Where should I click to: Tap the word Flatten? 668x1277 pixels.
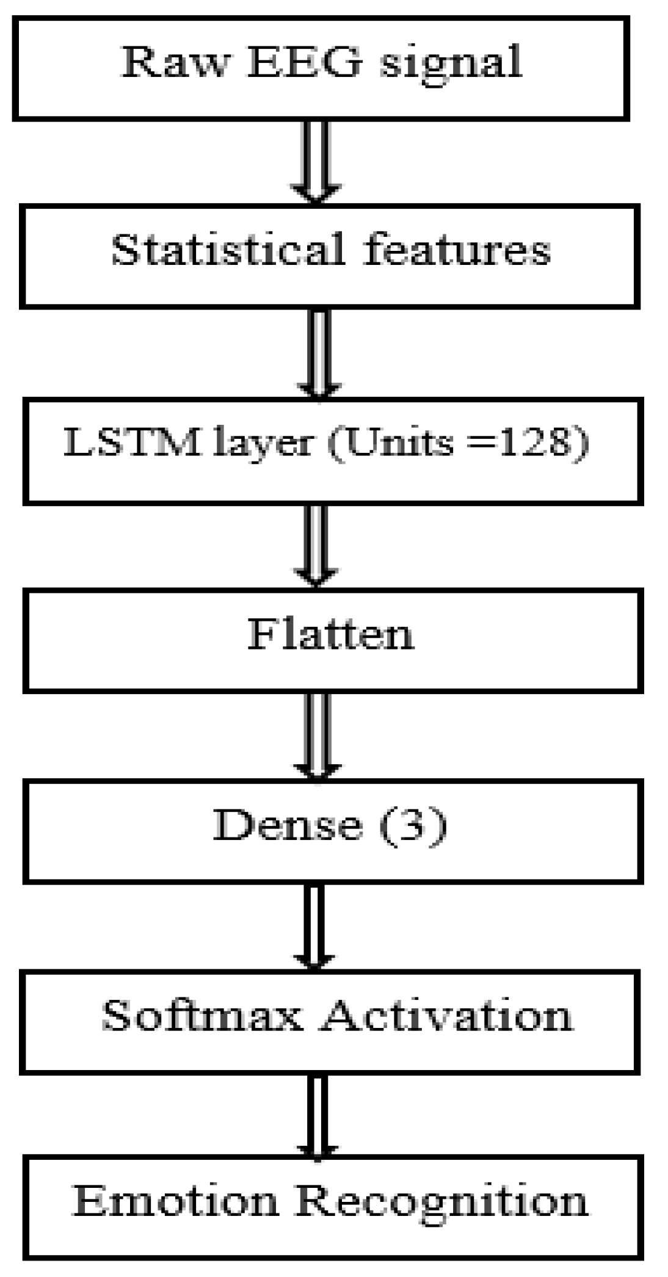pos(330,634)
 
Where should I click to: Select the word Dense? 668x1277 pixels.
pos(287,825)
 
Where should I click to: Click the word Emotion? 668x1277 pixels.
pos(175,1201)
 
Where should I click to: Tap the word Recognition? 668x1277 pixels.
pos(442,1202)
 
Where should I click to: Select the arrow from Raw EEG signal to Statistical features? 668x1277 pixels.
pos(316,162)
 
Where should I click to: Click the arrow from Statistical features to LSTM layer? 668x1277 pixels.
pos(319,354)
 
